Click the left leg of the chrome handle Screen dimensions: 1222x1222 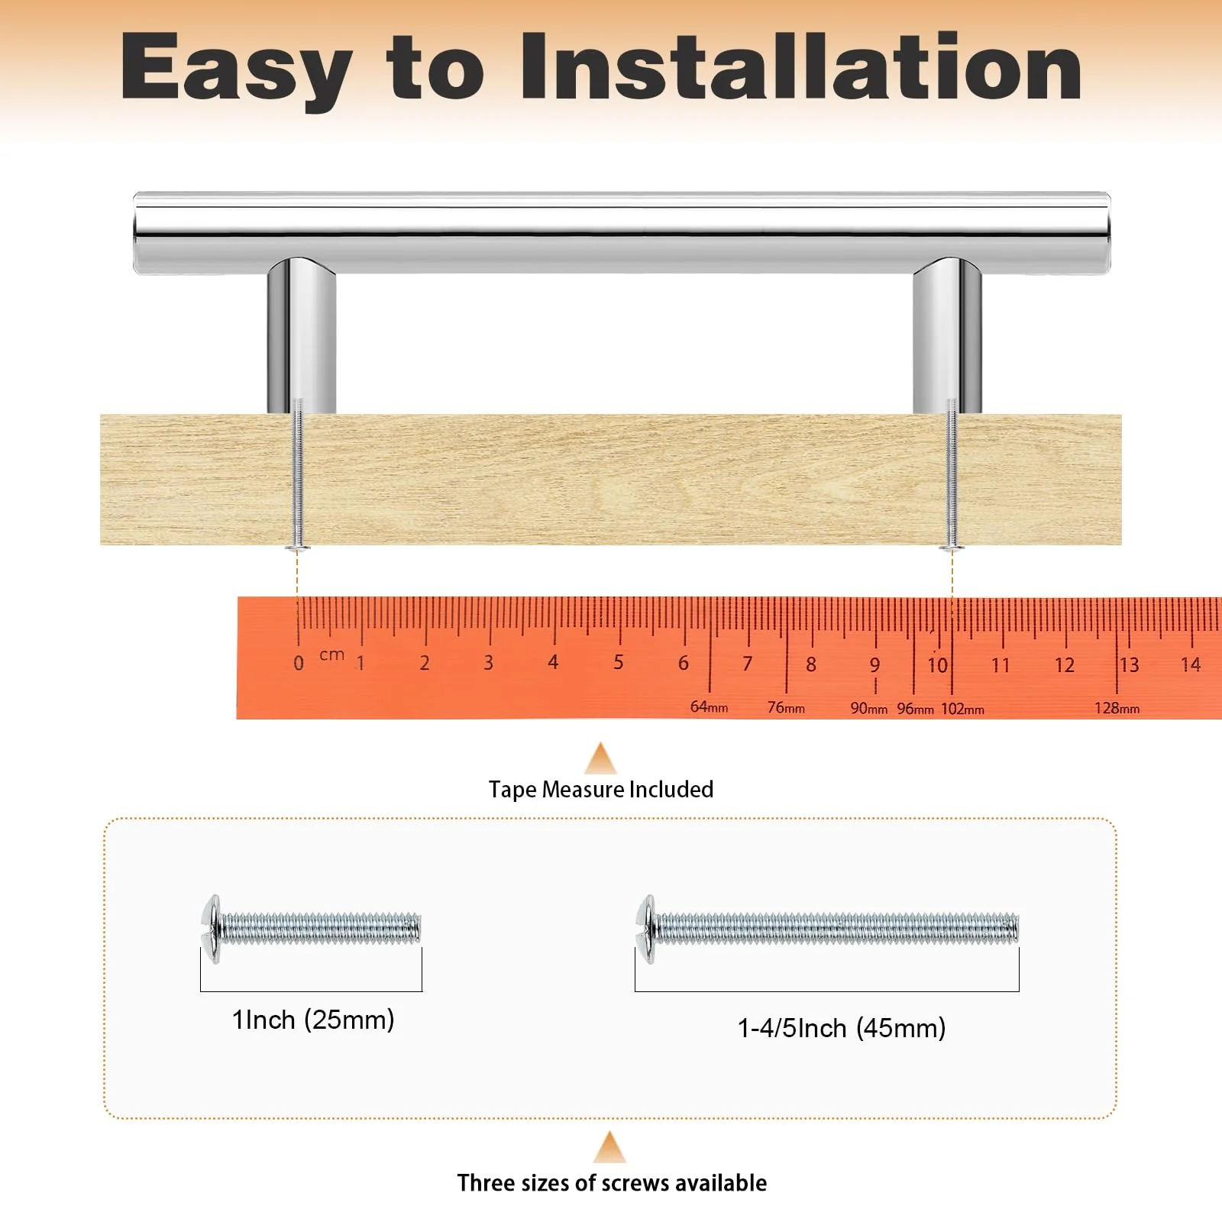click(x=302, y=336)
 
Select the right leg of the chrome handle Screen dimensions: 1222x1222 click(x=947, y=336)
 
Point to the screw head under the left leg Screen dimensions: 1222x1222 click(x=298, y=547)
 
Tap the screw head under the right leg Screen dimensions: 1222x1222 click(x=952, y=547)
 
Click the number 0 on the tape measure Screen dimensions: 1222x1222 click(x=299, y=663)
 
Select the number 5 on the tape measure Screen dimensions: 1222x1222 click(x=619, y=662)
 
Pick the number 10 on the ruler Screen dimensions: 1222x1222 click(x=938, y=665)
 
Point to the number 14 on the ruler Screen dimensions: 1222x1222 click(x=1191, y=664)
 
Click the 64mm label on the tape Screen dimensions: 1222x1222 click(x=709, y=707)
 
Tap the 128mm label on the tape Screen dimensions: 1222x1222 click(x=1117, y=709)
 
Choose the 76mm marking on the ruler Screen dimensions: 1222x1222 click(x=786, y=708)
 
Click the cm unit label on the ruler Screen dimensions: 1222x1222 click(x=332, y=655)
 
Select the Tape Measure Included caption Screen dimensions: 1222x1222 click(x=601, y=790)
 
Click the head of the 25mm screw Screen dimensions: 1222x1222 click(x=212, y=929)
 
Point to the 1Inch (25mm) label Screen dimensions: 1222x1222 click(x=313, y=1020)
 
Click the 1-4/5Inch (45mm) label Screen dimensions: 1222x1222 click(x=842, y=1029)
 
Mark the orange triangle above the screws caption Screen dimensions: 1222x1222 click(x=609, y=1148)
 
